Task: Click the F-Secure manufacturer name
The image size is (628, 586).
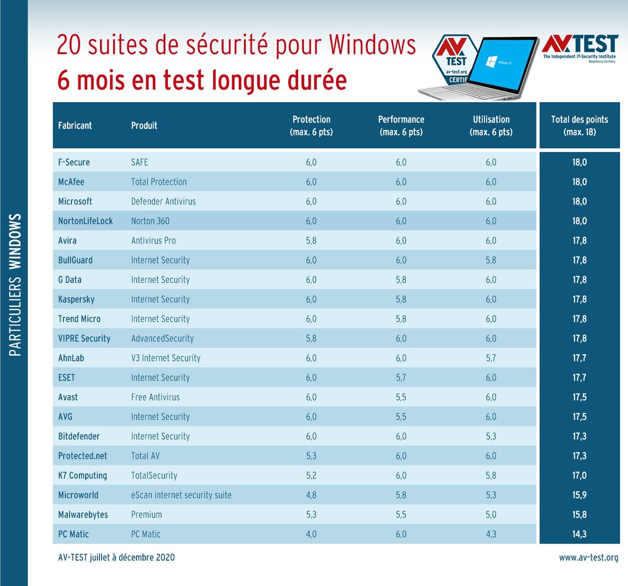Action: point(74,162)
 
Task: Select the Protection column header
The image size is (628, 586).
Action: point(311,125)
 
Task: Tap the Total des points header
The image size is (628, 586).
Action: point(579,125)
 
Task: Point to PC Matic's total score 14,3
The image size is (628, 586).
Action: point(580,534)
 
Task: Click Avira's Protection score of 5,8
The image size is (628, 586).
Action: point(311,241)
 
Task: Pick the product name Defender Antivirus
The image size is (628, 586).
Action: point(164,202)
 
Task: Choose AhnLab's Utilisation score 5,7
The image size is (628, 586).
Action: point(491,358)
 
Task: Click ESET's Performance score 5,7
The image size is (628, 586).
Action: point(401,378)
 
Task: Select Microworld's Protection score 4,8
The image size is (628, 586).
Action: point(311,495)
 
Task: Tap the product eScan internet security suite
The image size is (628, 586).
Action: point(181,495)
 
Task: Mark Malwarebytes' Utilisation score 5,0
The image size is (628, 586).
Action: point(491,515)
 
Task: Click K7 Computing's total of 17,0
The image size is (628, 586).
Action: point(580,476)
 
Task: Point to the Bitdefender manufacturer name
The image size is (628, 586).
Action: point(79,437)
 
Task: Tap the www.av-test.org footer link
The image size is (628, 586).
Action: point(589,558)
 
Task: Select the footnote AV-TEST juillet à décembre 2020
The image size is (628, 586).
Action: point(116,558)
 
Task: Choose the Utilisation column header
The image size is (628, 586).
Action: point(491,125)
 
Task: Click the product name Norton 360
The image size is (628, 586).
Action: point(150,221)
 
